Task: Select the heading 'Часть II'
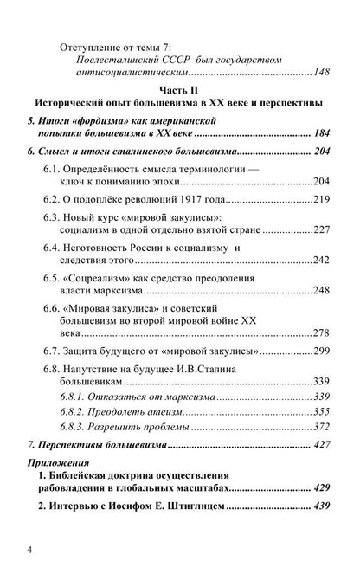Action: [179, 89]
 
